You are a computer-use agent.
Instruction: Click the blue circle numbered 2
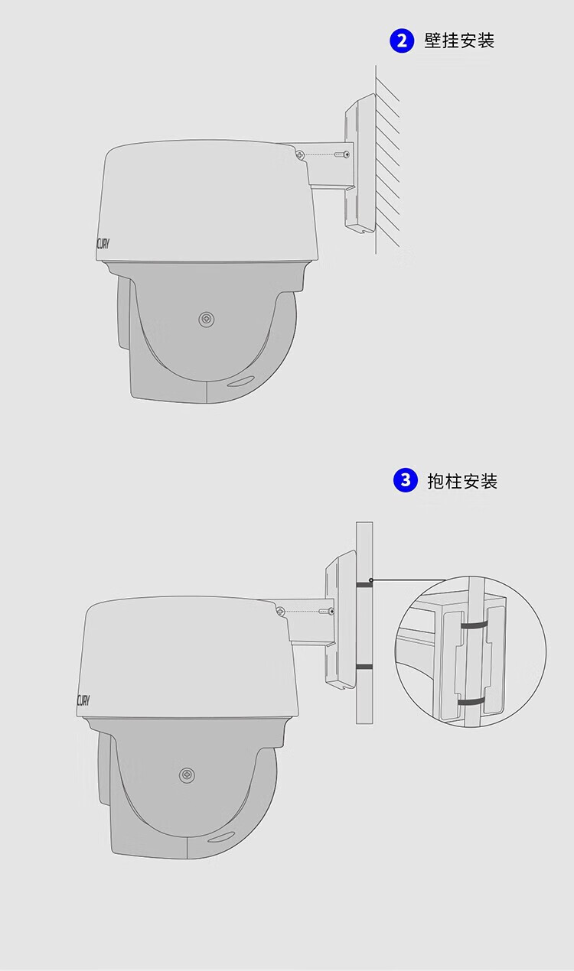pos(402,41)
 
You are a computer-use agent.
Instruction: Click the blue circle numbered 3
pos(405,480)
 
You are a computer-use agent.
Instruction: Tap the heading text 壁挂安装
pos(459,41)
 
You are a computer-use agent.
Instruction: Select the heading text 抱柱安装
pos(462,481)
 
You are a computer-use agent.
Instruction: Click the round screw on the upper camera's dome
pos(207,320)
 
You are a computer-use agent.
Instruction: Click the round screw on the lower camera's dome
pos(187,775)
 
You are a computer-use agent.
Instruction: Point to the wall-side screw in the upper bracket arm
pos(342,154)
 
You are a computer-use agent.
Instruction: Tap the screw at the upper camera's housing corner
pos(300,154)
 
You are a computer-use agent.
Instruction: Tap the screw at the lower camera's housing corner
pos(281,612)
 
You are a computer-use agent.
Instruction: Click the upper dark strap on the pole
pos(364,585)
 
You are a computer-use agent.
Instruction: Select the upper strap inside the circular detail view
pos(474,626)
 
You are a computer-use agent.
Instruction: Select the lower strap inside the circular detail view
pos(473,702)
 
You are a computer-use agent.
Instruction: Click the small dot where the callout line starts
pos(371,580)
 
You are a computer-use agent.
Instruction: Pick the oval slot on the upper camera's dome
pos(240,380)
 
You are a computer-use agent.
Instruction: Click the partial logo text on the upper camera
pos(103,244)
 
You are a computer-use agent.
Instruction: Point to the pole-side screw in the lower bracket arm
pos(326,612)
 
